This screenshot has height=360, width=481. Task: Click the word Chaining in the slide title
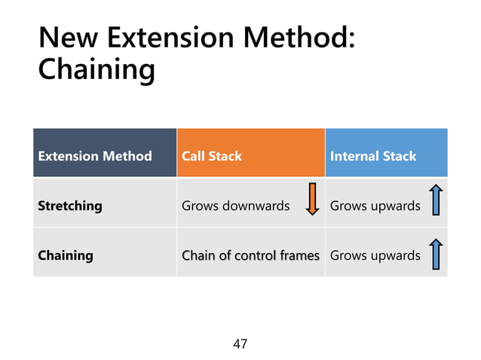point(97,70)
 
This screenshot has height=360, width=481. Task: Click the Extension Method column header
point(95,156)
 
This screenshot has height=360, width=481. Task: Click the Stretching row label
point(70,206)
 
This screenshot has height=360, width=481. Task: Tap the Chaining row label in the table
point(66,255)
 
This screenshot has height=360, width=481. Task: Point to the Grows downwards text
point(235,206)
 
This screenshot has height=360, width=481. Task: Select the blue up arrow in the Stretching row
point(435,201)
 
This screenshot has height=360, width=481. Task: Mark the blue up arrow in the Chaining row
point(435,254)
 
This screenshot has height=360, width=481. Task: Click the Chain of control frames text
point(250,255)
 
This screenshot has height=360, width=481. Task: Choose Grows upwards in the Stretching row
point(375,206)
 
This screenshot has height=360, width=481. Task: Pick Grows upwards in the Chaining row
point(375,255)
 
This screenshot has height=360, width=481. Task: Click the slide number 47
point(240,344)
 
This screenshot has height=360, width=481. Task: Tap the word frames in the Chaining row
point(299,255)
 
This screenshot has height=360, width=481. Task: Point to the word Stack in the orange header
point(226,156)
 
